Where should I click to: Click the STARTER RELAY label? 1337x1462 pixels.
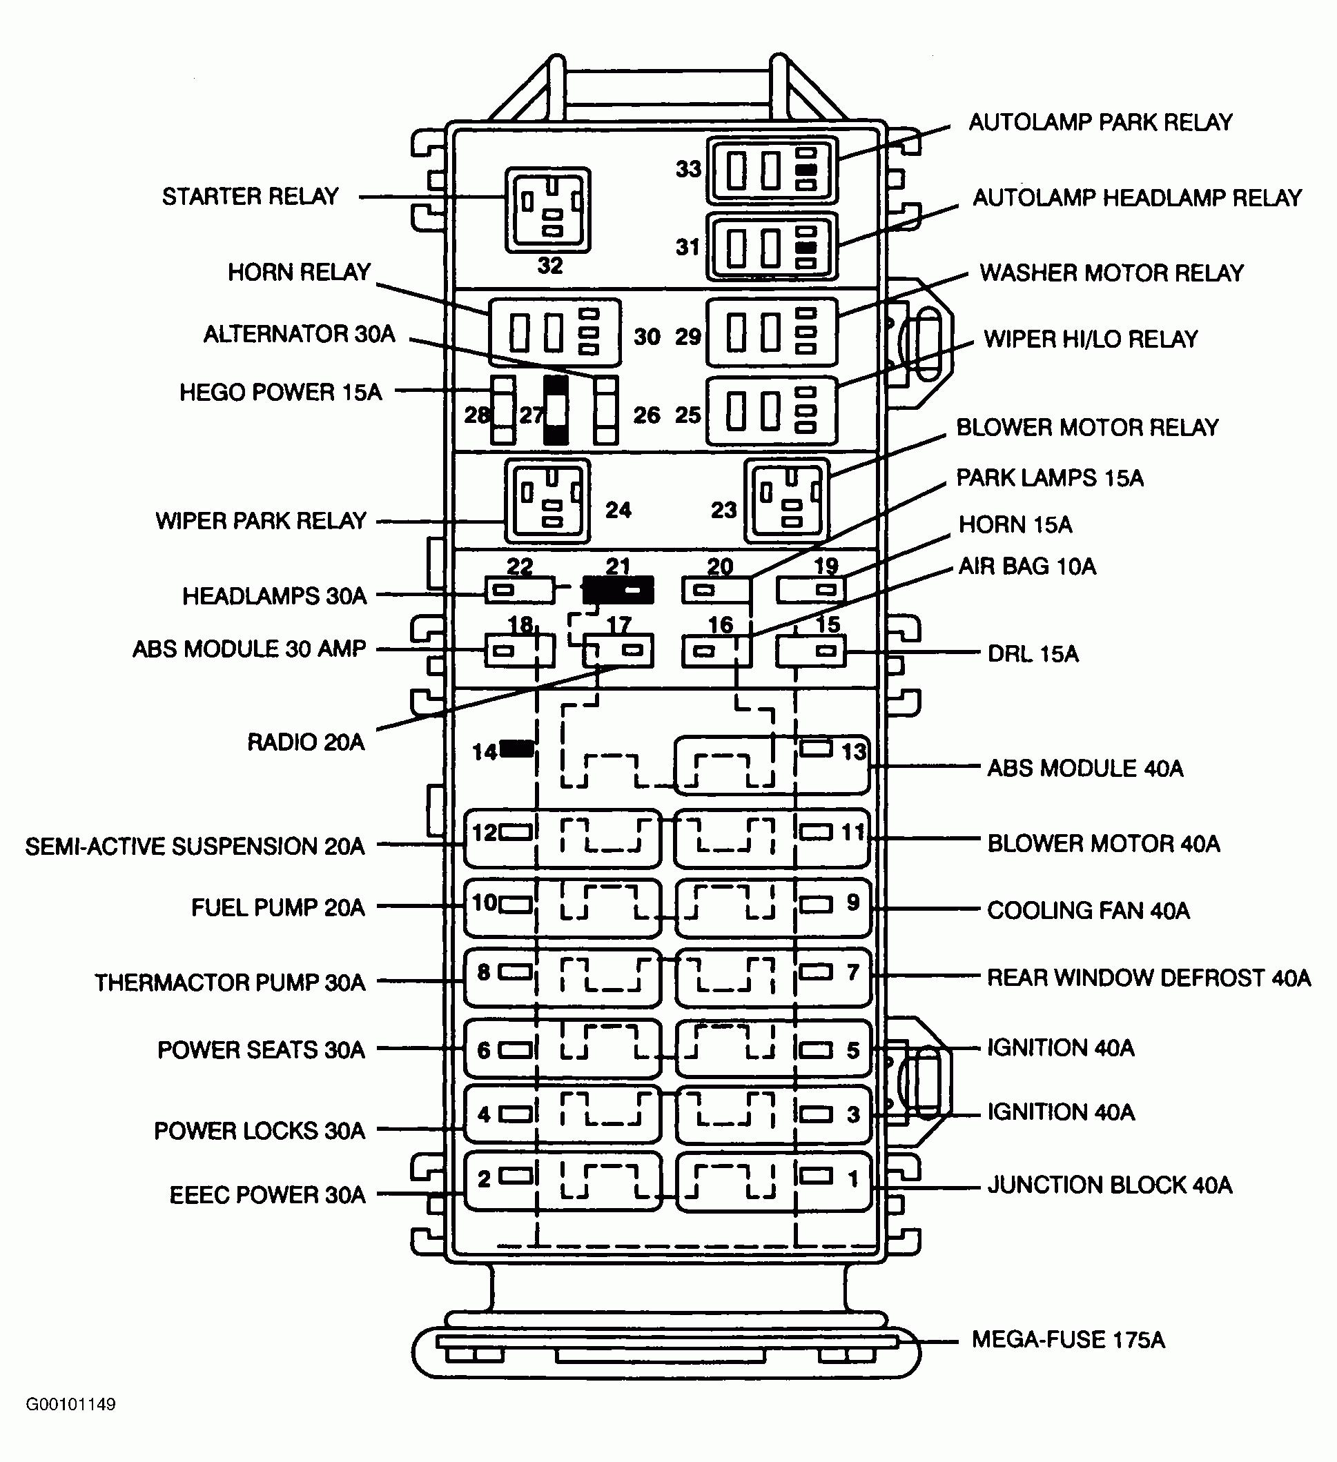click(251, 197)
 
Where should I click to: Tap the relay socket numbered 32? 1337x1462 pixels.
click(548, 210)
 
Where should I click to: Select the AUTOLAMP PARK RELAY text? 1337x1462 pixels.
click(1100, 122)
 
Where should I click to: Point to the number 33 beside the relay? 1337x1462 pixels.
click(688, 169)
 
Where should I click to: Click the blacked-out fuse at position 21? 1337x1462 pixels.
click(618, 591)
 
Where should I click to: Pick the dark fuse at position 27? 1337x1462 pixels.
click(556, 410)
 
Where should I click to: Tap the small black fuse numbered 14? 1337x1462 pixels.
click(516, 749)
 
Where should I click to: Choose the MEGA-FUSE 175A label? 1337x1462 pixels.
click(1068, 1339)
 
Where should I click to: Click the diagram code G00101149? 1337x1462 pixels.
click(70, 1405)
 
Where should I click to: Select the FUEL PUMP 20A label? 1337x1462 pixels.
click(278, 907)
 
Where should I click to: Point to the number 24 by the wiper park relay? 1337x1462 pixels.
click(618, 510)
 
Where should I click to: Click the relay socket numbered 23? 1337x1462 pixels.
click(787, 501)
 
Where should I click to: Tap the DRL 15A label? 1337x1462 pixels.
click(1033, 654)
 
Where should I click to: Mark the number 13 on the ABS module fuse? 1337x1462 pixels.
click(854, 751)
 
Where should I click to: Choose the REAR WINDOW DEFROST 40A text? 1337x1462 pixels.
click(1149, 978)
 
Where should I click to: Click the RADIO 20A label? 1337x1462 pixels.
click(305, 742)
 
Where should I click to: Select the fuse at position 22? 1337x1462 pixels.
click(520, 591)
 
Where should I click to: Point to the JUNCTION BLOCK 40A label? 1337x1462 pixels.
click(1109, 1185)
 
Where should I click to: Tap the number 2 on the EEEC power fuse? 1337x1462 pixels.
click(484, 1178)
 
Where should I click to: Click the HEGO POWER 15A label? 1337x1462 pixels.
click(280, 393)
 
